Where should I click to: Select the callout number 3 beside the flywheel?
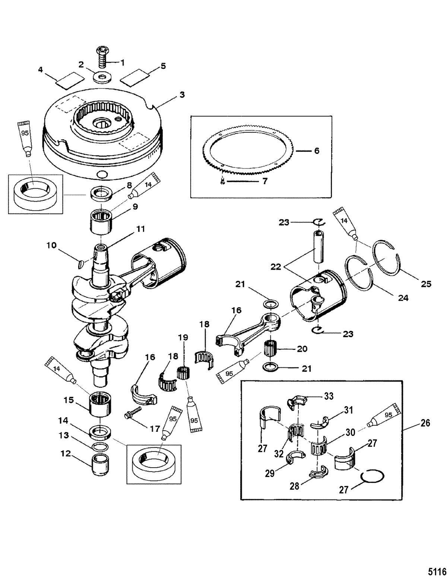(182, 95)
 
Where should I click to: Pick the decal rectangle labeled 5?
(134, 77)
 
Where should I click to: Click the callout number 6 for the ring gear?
(317, 151)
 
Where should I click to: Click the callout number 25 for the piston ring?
(426, 284)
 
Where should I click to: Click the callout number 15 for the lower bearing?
(69, 400)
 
